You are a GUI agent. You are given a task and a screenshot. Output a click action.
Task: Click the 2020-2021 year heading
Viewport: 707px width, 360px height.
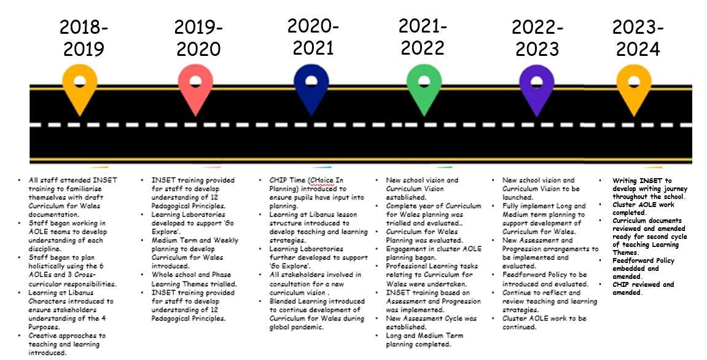click(313, 36)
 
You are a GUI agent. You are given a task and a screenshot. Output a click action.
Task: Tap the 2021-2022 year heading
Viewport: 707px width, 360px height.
click(423, 36)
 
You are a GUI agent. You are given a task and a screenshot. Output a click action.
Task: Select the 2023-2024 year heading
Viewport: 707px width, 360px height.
click(637, 38)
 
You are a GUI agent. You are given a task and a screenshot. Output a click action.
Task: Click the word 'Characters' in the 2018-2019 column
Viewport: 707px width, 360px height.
click(49, 302)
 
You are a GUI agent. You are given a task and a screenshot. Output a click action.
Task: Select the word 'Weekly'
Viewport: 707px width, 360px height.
click(222, 241)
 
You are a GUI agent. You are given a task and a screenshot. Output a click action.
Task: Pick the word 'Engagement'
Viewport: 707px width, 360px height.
click(408, 249)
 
